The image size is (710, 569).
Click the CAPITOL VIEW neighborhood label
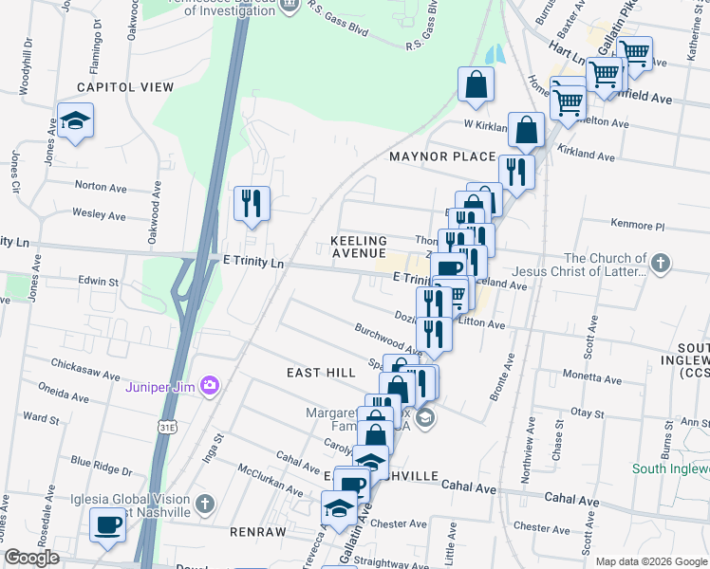[x=125, y=87]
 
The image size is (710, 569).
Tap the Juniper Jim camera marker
[x=210, y=386]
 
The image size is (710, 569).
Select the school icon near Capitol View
[x=74, y=120]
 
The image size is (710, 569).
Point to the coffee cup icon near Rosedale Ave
[x=107, y=524]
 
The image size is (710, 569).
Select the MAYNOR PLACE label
[x=441, y=156]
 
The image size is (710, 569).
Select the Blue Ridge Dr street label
[x=102, y=465]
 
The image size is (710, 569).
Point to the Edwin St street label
[x=99, y=282]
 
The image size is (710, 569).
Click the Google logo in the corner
[x=32, y=558]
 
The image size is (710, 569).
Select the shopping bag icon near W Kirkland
[x=475, y=85]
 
